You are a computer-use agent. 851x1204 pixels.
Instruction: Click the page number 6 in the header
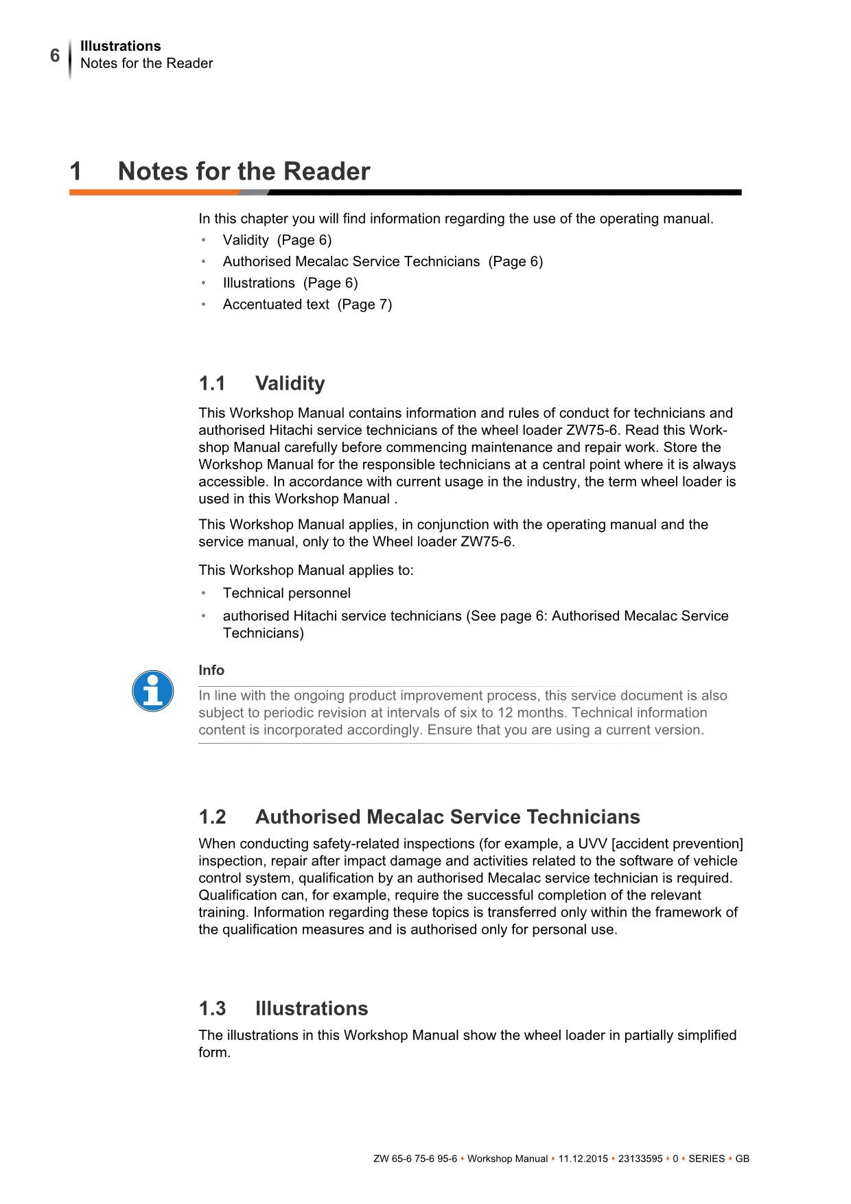(55, 56)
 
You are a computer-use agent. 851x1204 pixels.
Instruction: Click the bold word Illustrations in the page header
(120, 46)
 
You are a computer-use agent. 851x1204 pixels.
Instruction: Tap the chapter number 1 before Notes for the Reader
(75, 171)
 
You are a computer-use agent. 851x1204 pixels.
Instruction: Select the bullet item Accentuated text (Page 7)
(307, 304)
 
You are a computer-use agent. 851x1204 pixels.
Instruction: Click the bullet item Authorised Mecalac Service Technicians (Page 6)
(382, 261)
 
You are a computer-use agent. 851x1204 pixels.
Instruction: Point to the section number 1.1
(212, 383)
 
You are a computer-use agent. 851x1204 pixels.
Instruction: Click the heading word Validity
(290, 383)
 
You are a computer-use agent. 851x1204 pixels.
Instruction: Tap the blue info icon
(152, 691)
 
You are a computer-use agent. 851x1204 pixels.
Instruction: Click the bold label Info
(211, 670)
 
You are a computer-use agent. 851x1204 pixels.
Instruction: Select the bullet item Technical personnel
(286, 593)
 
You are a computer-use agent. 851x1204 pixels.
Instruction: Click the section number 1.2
(212, 817)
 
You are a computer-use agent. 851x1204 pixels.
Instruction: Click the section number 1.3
(212, 1008)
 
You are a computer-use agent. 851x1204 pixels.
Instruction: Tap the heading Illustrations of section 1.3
(312, 1008)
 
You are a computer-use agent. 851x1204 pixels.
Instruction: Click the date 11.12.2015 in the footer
(583, 1159)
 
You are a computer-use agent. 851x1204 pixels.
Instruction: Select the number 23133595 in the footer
(640, 1159)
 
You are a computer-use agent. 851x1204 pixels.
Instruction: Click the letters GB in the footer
(742, 1159)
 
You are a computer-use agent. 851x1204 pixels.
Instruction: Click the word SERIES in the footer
(706, 1159)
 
